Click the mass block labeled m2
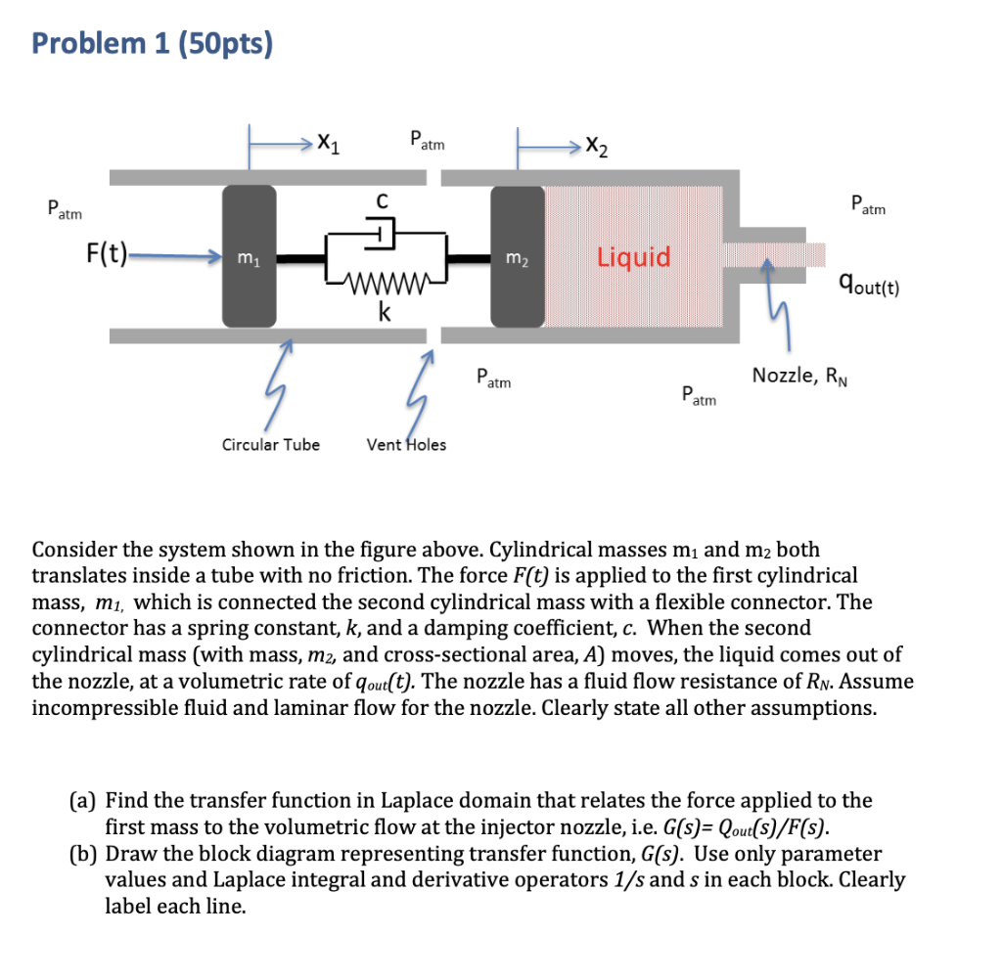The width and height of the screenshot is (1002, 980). point(516,256)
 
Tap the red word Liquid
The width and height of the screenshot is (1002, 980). point(634,257)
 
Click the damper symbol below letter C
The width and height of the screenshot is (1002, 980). point(384,236)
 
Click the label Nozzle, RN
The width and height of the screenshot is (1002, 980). point(797,375)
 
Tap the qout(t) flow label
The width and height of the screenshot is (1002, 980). point(868,285)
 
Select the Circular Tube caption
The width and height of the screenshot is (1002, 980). point(270,445)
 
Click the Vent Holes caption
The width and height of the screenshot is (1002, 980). point(406,445)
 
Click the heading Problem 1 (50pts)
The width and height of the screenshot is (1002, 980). point(152,44)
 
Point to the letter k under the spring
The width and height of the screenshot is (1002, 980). point(386,313)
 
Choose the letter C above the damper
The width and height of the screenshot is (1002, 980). point(385,200)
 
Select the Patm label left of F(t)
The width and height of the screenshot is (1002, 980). point(65,210)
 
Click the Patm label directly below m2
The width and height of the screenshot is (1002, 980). point(493,379)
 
